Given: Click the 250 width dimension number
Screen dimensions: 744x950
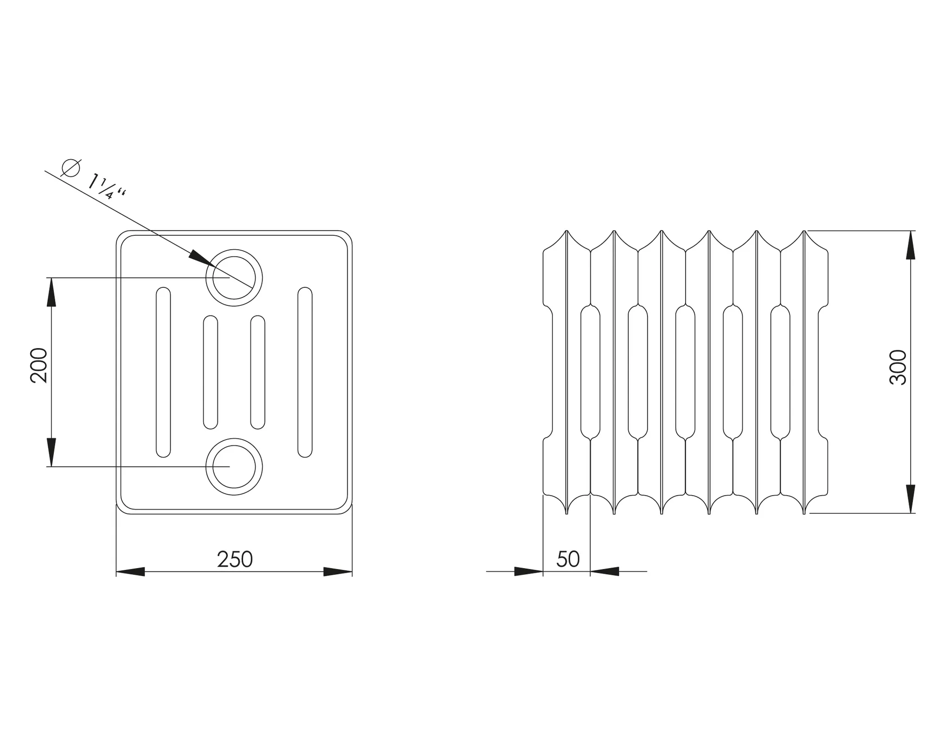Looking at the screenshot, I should tap(235, 559).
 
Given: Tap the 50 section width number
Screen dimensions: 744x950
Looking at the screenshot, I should tap(568, 559).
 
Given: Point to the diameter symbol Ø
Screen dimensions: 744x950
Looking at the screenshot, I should tap(71, 168).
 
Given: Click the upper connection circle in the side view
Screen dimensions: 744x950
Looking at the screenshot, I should tap(234, 278).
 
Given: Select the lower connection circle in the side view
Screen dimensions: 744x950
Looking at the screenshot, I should tap(234, 466).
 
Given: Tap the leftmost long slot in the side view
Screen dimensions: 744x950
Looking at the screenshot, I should tap(163, 372).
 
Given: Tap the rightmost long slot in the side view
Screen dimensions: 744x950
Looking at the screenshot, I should tap(305, 372).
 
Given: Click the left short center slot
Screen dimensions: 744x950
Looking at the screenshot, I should tap(211, 372).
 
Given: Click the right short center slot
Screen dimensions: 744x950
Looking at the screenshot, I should tap(257, 372).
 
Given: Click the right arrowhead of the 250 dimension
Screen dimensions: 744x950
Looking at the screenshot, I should tap(338, 571).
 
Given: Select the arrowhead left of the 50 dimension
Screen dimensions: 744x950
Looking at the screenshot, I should tap(529, 571).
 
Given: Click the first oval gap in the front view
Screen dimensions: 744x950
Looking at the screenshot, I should tap(590, 372).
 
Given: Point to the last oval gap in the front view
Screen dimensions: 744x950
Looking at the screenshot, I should tap(780, 372).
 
